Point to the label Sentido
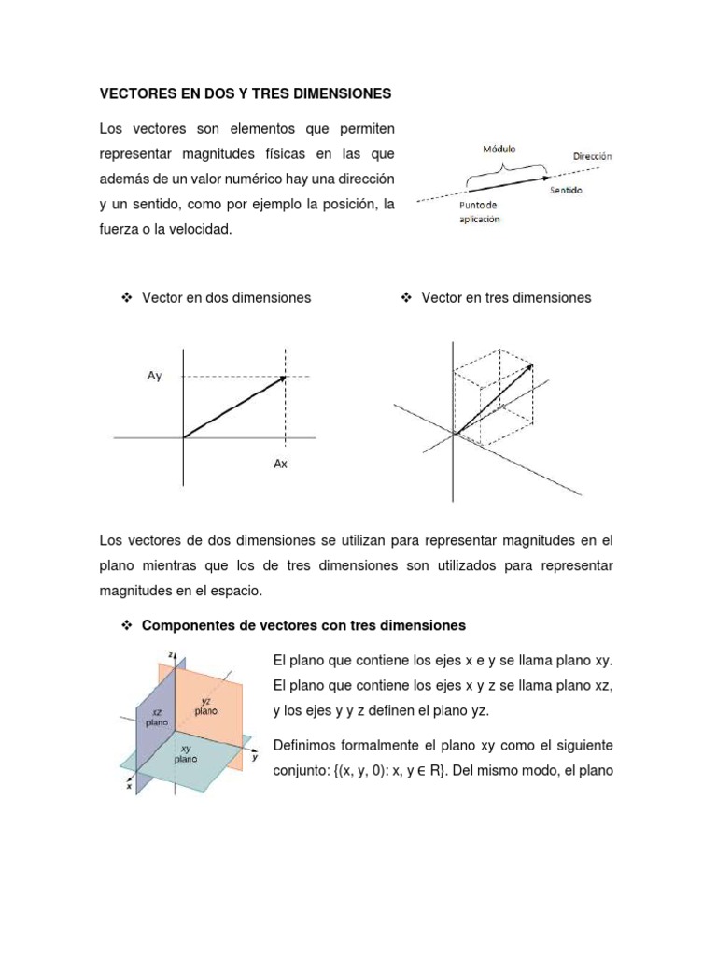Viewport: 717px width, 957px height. tap(566, 190)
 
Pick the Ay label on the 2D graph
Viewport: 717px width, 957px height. tap(154, 376)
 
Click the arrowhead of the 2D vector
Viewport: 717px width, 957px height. tap(281, 379)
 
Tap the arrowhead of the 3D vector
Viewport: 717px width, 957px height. tap(530, 366)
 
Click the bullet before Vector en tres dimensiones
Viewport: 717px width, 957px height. tap(406, 297)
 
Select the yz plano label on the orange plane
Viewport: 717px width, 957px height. tap(206, 705)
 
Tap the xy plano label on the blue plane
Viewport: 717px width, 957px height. tap(186, 754)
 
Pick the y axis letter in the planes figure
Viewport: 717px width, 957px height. tap(254, 757)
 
